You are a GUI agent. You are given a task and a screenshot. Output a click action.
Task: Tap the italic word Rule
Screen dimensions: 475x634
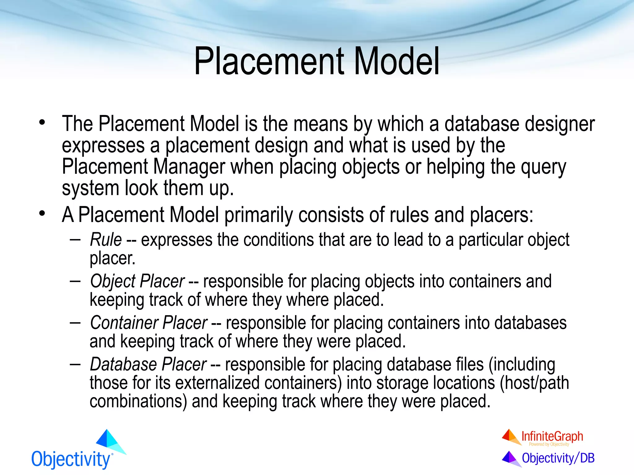tap(106, 240)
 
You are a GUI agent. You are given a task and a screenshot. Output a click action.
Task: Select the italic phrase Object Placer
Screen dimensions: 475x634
tap(137, 281)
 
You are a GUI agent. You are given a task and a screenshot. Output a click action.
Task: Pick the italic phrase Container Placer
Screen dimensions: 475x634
tap(149, 323)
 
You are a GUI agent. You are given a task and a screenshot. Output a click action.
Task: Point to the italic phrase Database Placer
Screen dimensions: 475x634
tap(148, 364)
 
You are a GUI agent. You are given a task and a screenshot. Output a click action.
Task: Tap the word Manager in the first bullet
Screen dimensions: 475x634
tap(189, 167)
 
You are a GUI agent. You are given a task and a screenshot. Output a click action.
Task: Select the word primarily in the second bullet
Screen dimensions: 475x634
tap(258, 215)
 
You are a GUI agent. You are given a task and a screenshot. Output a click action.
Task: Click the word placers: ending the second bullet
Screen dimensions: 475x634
tap(502, 215)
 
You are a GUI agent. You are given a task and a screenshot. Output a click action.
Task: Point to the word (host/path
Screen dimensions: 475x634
tap(534, 383)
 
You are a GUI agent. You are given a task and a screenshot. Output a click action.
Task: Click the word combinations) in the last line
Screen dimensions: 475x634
tap(138, 401)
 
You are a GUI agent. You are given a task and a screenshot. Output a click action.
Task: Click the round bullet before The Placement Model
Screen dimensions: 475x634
tap(42, 123)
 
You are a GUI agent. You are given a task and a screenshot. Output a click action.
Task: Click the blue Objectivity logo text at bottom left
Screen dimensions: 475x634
tap(71, 459)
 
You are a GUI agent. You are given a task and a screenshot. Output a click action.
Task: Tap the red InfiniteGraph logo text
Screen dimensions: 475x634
tap(552, 436)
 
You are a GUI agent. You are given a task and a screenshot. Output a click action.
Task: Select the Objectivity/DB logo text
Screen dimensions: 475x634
tap(558, 458)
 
